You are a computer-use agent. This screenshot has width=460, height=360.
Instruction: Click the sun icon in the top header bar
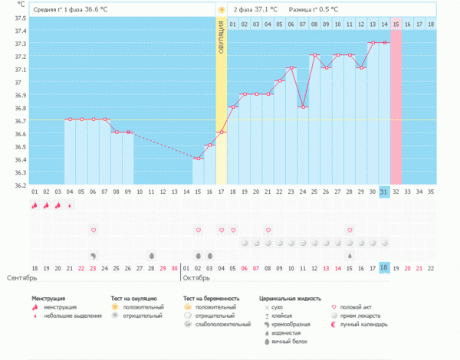(x=222, y=10)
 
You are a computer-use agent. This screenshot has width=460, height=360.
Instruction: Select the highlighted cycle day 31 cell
(x=384, y=191)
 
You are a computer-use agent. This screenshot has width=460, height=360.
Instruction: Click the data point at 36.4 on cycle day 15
(x=198, y=159)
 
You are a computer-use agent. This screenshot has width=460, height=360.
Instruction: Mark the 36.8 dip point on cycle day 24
(x=303, y=106)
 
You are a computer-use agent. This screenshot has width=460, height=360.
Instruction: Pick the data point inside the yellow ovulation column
(x=221, y=133)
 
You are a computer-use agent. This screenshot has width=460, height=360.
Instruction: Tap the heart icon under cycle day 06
(x=94, y=230)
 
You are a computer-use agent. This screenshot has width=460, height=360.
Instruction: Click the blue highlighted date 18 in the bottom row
(x=384, y=267)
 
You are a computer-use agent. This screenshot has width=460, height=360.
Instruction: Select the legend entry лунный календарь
(x=365, y=324)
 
